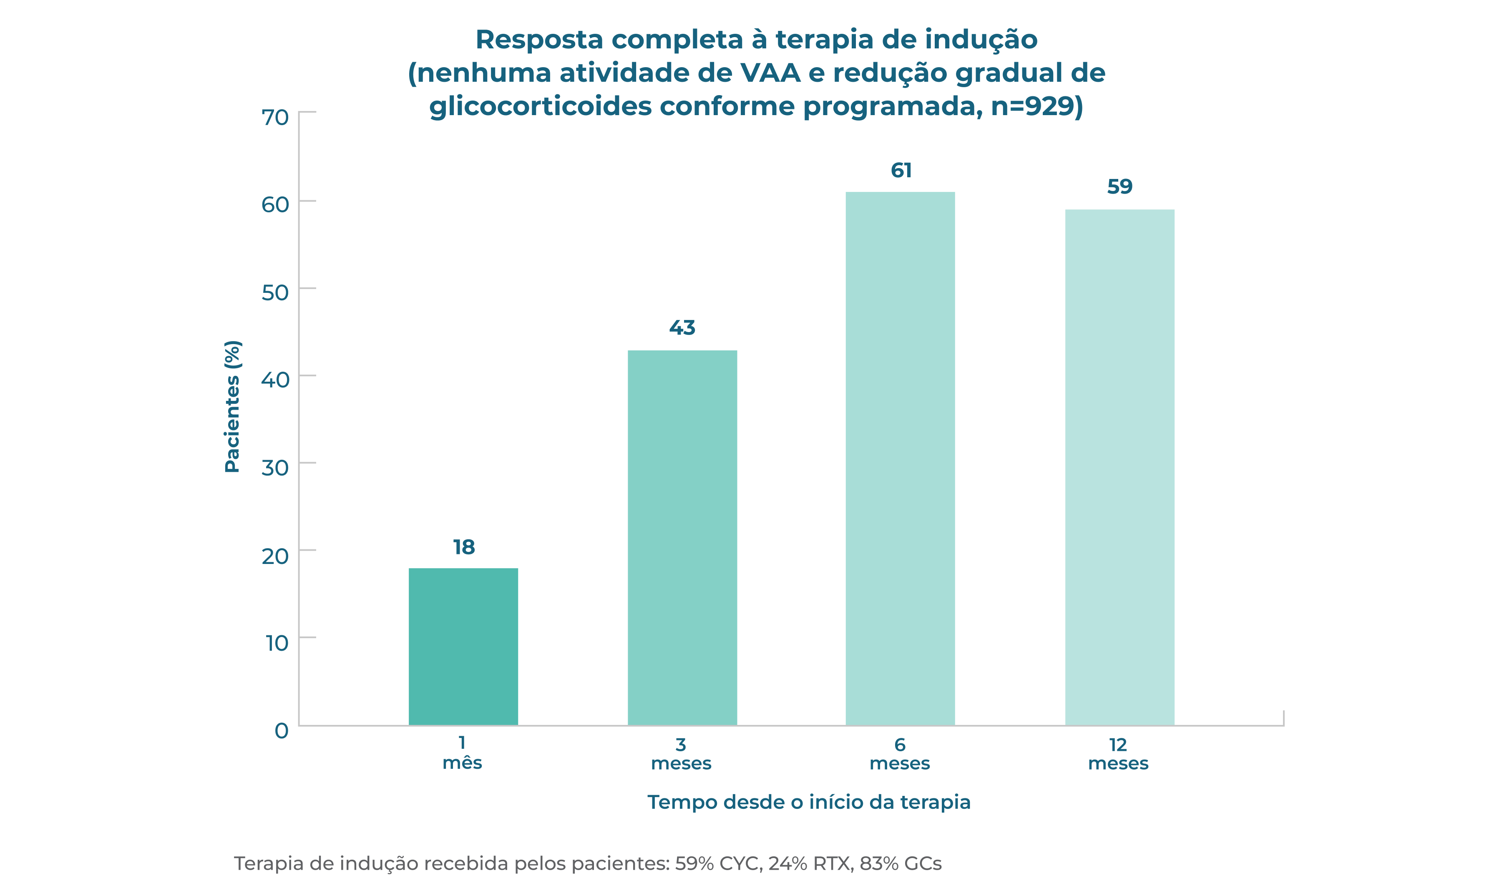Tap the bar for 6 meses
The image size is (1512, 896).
pos(900,459)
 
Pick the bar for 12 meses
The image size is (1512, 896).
pos(1119,468)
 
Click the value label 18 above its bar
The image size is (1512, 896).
pos(463,547)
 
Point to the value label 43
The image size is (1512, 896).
pos(682,328)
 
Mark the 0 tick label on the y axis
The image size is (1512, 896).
pos(281,730)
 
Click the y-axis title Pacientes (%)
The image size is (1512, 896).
pos(232,406)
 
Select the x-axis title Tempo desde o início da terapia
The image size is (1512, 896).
pos(809,803)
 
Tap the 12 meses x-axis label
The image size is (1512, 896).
pos(1118,754)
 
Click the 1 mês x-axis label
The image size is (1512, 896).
pos(462,753)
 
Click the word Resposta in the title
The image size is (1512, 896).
pos(539,40)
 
